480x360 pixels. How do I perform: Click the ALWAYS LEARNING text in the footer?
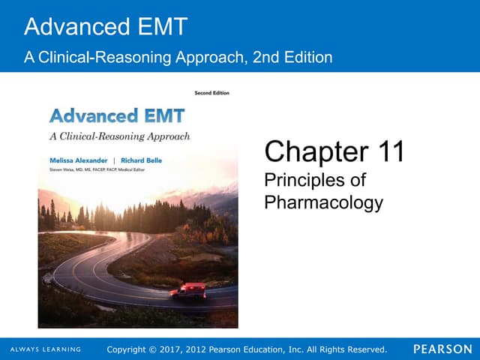(x=46, y=349)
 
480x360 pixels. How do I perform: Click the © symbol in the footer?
(x=166, y=349)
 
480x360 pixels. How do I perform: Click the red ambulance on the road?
(x=188, y=291)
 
